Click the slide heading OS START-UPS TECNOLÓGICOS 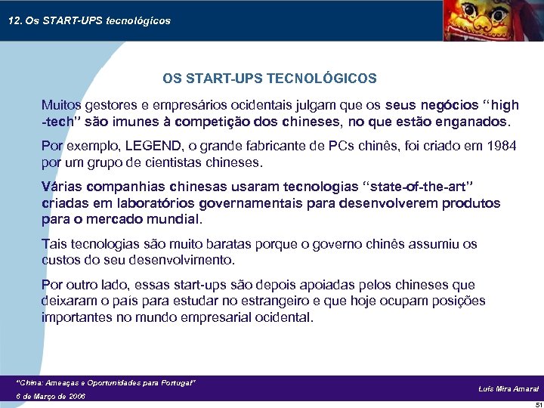[270, 79]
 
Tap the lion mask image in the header [484, 20]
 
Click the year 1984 [501, 146]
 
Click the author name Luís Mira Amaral [508, 388]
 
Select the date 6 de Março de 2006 [51, 396]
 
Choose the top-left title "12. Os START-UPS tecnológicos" [89, 20]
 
